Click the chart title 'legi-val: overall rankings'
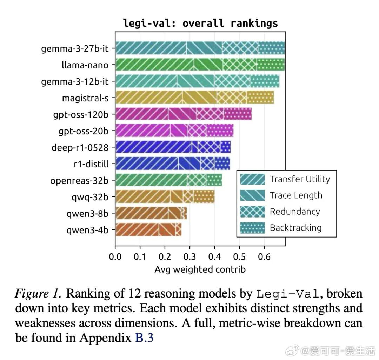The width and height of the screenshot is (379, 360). (x=200, y=23)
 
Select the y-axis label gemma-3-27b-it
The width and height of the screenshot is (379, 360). (x=75, y=48)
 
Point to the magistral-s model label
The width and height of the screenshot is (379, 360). (x=85, y=98)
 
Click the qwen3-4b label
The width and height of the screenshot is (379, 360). (x=87, y=230)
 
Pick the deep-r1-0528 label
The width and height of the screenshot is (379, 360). (x=80, y=147)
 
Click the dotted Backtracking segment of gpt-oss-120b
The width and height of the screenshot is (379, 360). (x=238, y=114)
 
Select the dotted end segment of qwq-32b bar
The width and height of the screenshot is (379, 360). (x=204, y=196)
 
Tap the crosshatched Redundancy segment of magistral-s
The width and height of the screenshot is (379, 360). (x=232, y=97)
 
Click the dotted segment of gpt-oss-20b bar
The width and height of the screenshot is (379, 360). (x=220, y=130)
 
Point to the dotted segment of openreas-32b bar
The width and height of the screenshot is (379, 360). (x=214, y=180)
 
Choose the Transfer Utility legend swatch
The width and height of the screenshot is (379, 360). (x=253, y=179)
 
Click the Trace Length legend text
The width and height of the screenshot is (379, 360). (x=296, y=195)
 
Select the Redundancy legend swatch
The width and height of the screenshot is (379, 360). (x=253, y=212)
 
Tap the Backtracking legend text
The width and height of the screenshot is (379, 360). (x=295, y=228)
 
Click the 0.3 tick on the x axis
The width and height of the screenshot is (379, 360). (x=190, y=256)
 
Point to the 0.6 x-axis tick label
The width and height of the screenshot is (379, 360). (x=264, y=256)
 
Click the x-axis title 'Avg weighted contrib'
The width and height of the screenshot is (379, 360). (x=200, y=269)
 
